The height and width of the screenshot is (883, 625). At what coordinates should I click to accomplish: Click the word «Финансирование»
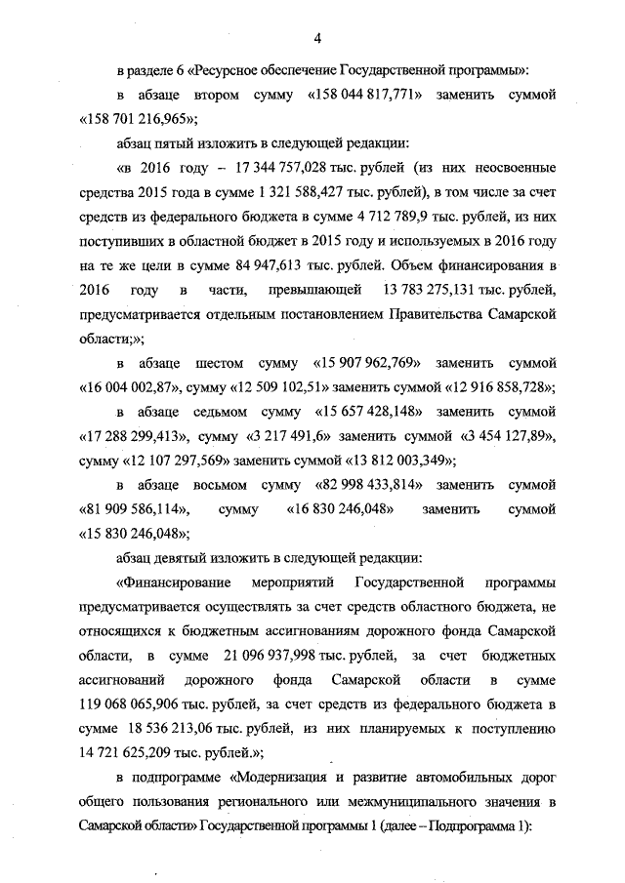click(x=174, y=583)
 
